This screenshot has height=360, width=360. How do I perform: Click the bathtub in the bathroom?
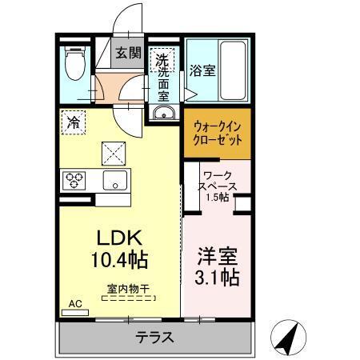(x=232, y=70)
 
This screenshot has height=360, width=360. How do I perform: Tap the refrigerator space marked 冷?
(x=74, y=123)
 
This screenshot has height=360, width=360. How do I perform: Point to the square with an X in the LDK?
(x=113, y=150)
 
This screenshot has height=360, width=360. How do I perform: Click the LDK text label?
(x=119, y=238)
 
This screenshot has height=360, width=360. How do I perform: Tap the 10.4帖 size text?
(x=119, y=259)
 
